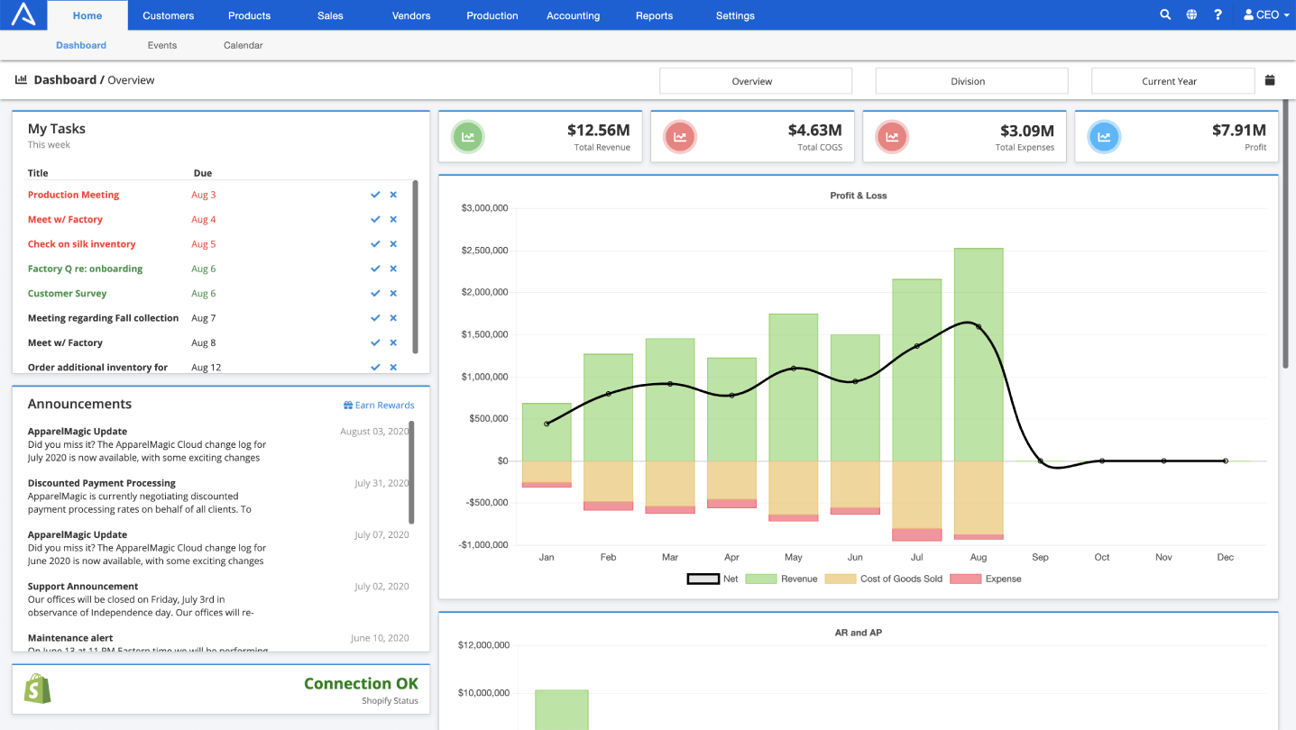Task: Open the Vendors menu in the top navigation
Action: click(x=411, y=15)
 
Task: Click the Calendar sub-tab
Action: click(x=244, y=45)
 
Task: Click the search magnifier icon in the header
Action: click(x=1165, y=14)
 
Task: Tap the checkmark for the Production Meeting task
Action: click(x=375, y=195)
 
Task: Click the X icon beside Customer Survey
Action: click(x=393, y=294)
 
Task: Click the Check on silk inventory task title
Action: click(x=81, y=244)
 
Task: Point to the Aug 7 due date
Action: click(x=203, y=318)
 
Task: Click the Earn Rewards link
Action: click(x=380, y=406)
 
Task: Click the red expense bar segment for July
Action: click(x=916, y=534)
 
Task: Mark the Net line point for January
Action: click(x=547, y=424)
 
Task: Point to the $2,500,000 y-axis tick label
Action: click(x=484, y=251)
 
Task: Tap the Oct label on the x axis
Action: click(x=1102, y=557)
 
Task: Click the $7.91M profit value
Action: click(x=1238, y=131)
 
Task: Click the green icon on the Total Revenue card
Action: click(x=468, y=137)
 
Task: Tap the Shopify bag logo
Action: click(x=37, y=689)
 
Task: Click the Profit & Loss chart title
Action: click(x=858, y=196)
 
